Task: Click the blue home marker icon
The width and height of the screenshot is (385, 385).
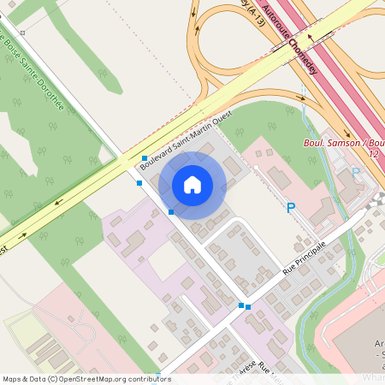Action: (192, 185)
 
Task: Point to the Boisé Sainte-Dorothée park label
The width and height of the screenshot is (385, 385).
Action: (34, 73)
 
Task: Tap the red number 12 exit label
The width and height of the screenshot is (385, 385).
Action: (373, 153)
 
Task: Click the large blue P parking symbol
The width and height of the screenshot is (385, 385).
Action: (291, 208)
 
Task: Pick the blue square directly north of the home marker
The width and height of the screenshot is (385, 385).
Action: (144, 158)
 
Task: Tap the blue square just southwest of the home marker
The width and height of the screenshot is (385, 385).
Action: (171, 211)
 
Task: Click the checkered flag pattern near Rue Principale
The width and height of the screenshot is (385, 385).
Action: (376, 200)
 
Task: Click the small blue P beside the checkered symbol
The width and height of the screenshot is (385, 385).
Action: (355, 171)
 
